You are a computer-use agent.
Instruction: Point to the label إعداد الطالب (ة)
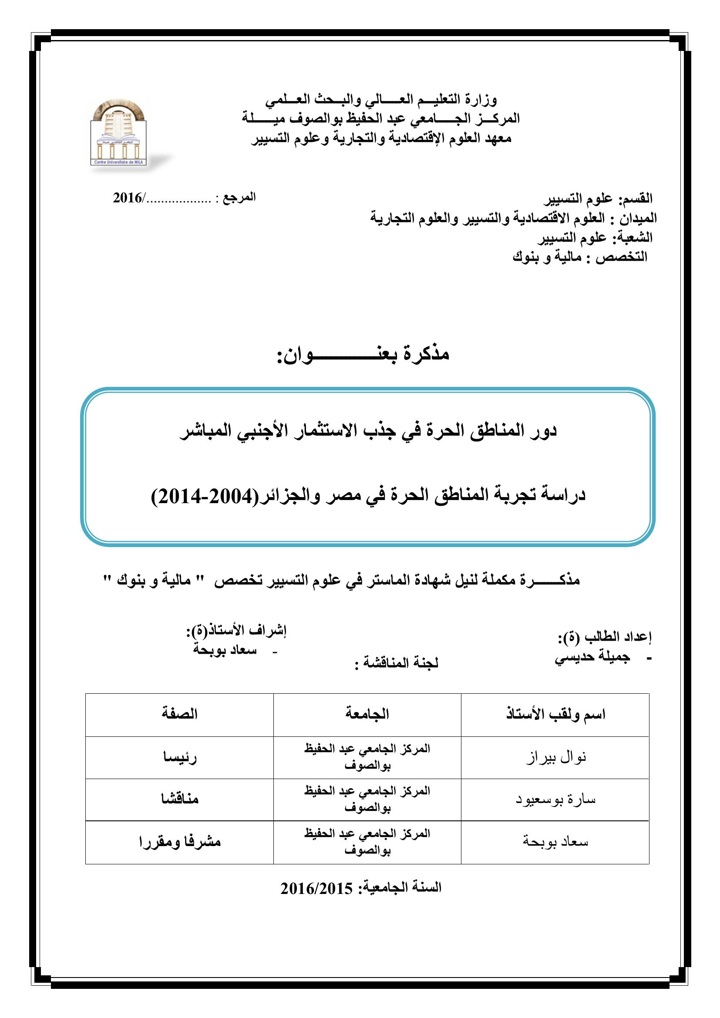[x=604, y=637]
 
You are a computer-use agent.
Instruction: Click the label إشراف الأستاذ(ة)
[x=236, y=630]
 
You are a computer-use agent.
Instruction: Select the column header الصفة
[x=179, y=714]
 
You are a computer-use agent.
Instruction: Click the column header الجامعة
[x=367, y=714]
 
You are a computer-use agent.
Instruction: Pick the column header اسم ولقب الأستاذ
[x=555, y=714]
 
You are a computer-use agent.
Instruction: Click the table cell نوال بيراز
[x=556, y=757]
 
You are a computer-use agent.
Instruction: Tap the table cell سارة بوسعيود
[x=555, y=800]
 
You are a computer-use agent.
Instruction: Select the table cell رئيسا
[x=179, y=757]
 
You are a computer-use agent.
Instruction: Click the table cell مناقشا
[x=179, y=800]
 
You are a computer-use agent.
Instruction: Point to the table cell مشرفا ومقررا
[x=179, y=843]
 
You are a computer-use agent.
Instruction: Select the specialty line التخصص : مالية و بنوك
[x=579, y=258]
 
